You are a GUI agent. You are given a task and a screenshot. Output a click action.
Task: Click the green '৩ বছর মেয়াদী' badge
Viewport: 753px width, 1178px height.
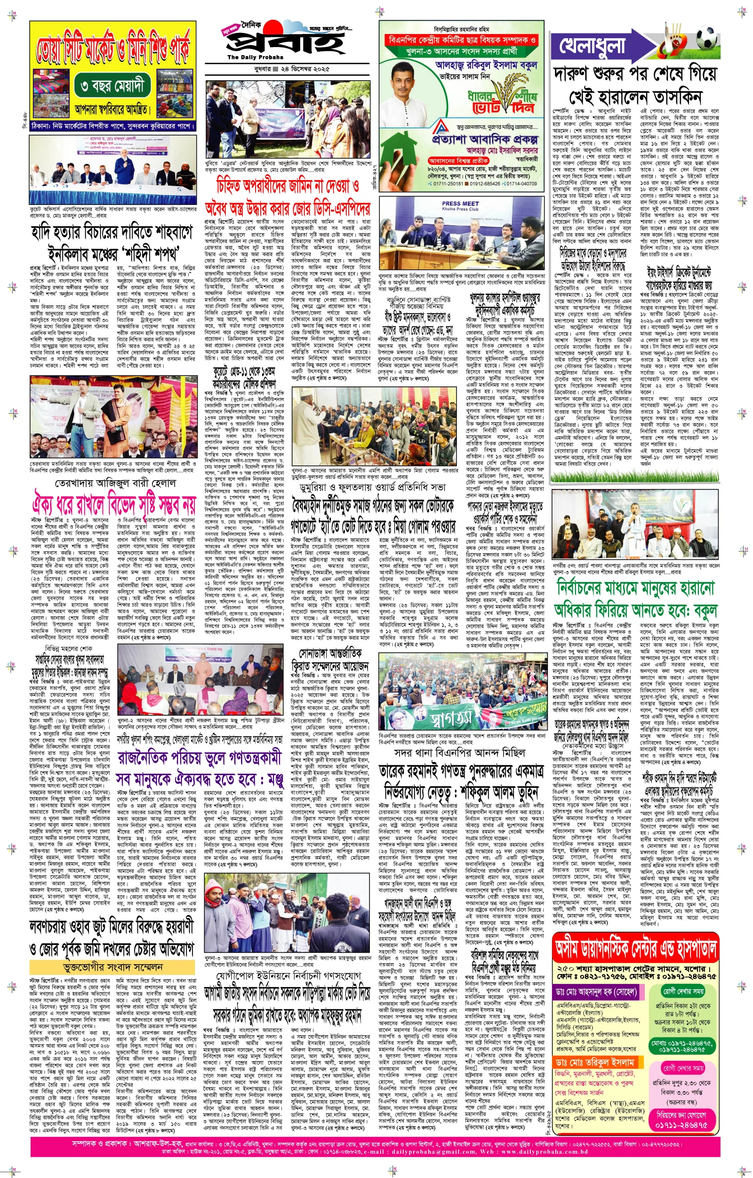(113, 87)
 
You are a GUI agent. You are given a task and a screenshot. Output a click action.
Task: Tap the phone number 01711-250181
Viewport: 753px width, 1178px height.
(449, 183)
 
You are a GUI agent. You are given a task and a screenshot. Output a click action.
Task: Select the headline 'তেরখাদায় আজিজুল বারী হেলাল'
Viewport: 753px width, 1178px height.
(116, 483)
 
